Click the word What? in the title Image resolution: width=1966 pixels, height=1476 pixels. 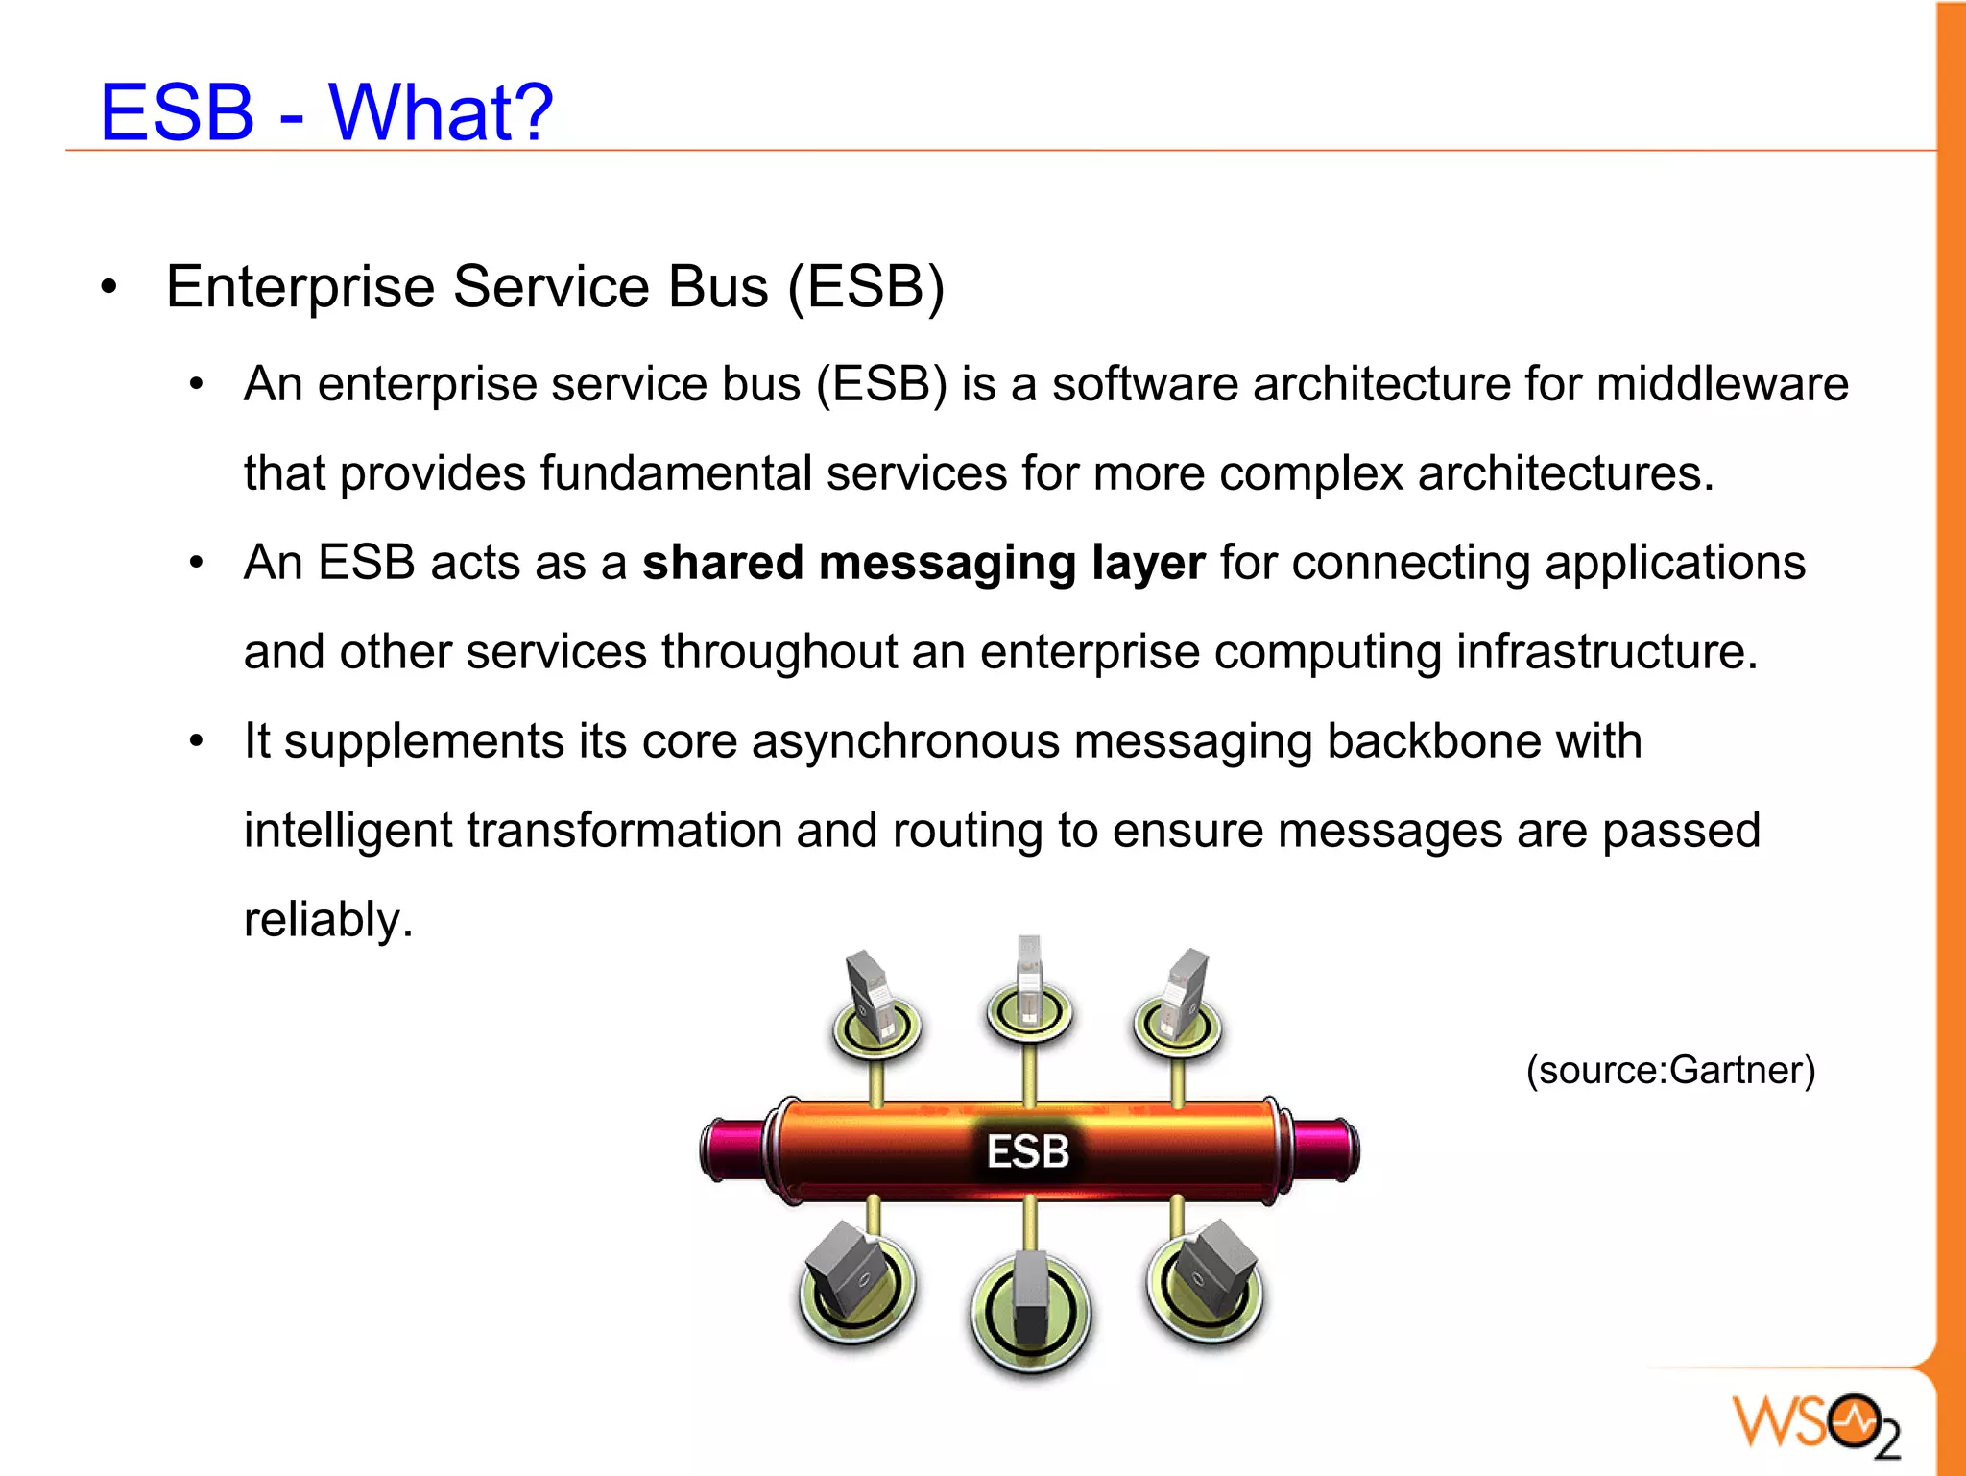(441, 112)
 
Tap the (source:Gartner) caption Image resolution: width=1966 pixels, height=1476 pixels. (1670, 1070)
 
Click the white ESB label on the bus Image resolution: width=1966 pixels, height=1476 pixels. (1027, 1151)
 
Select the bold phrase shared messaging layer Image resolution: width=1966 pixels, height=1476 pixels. (923, 563)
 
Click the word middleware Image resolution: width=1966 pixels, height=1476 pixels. (1722, 385)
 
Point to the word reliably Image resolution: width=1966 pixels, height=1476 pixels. (328, 920)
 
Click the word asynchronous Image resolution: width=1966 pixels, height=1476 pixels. (905, 742)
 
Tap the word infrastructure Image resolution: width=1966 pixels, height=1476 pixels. (1606, 652)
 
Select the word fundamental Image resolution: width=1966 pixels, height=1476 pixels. (676, 474)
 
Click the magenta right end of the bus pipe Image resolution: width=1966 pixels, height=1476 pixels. (1324, 1149)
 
